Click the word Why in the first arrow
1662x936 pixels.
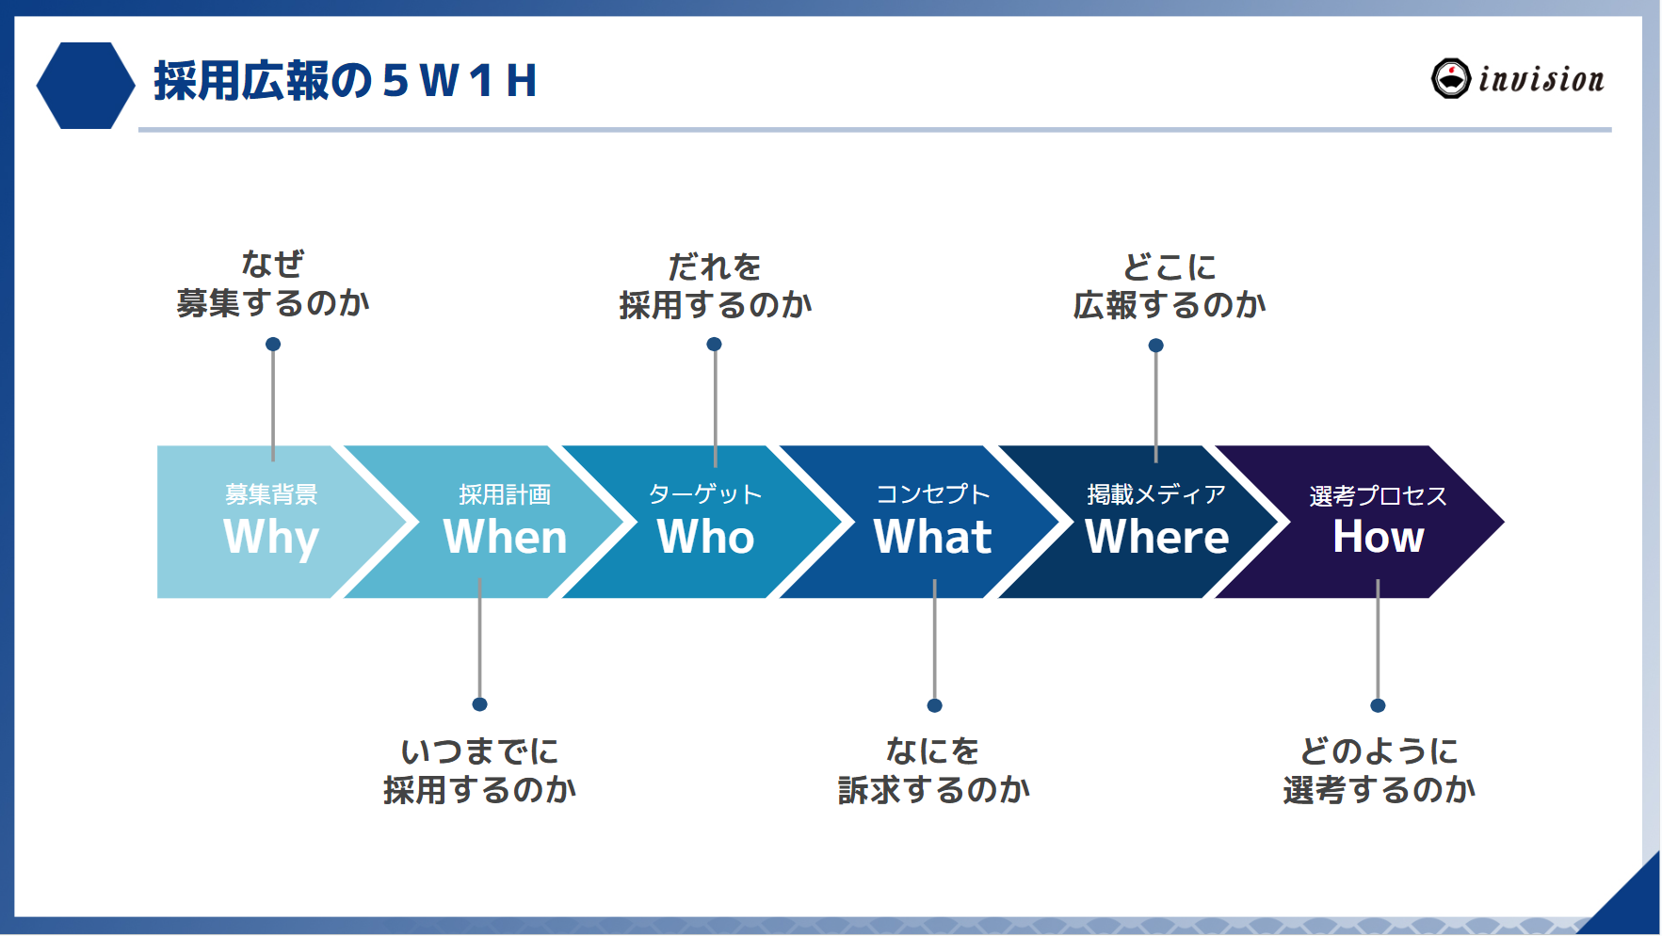[x=271, y=537]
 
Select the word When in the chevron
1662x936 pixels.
[x=505, y=537]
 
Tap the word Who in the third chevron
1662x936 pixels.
[x=705, y=537]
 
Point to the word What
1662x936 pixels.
[x=932, y=537]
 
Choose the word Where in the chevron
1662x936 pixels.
[x=1156, y=537]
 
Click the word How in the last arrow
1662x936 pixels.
[x=1378, y=537]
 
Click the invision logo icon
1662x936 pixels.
[x=1450, y=78]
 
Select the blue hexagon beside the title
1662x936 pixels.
[x=86, y=85]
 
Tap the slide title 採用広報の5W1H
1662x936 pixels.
[x=345, y=81]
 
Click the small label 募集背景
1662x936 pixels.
[x=271, y=494]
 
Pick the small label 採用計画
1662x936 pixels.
[x=505, y=494]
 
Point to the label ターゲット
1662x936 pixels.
[x=705, y=494]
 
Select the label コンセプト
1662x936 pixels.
[x=932, y=494]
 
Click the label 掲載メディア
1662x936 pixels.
[x=1156, y=494]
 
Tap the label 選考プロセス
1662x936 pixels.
[x=1378, y=495]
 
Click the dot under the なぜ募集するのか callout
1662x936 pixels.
[x=273, y=345]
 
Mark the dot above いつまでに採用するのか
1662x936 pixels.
[x=479, y=704]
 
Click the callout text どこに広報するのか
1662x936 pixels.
[x=1169, y=286]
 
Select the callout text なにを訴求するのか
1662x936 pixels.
[x=933, y=770]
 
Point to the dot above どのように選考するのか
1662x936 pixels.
[x=1378, y=705]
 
